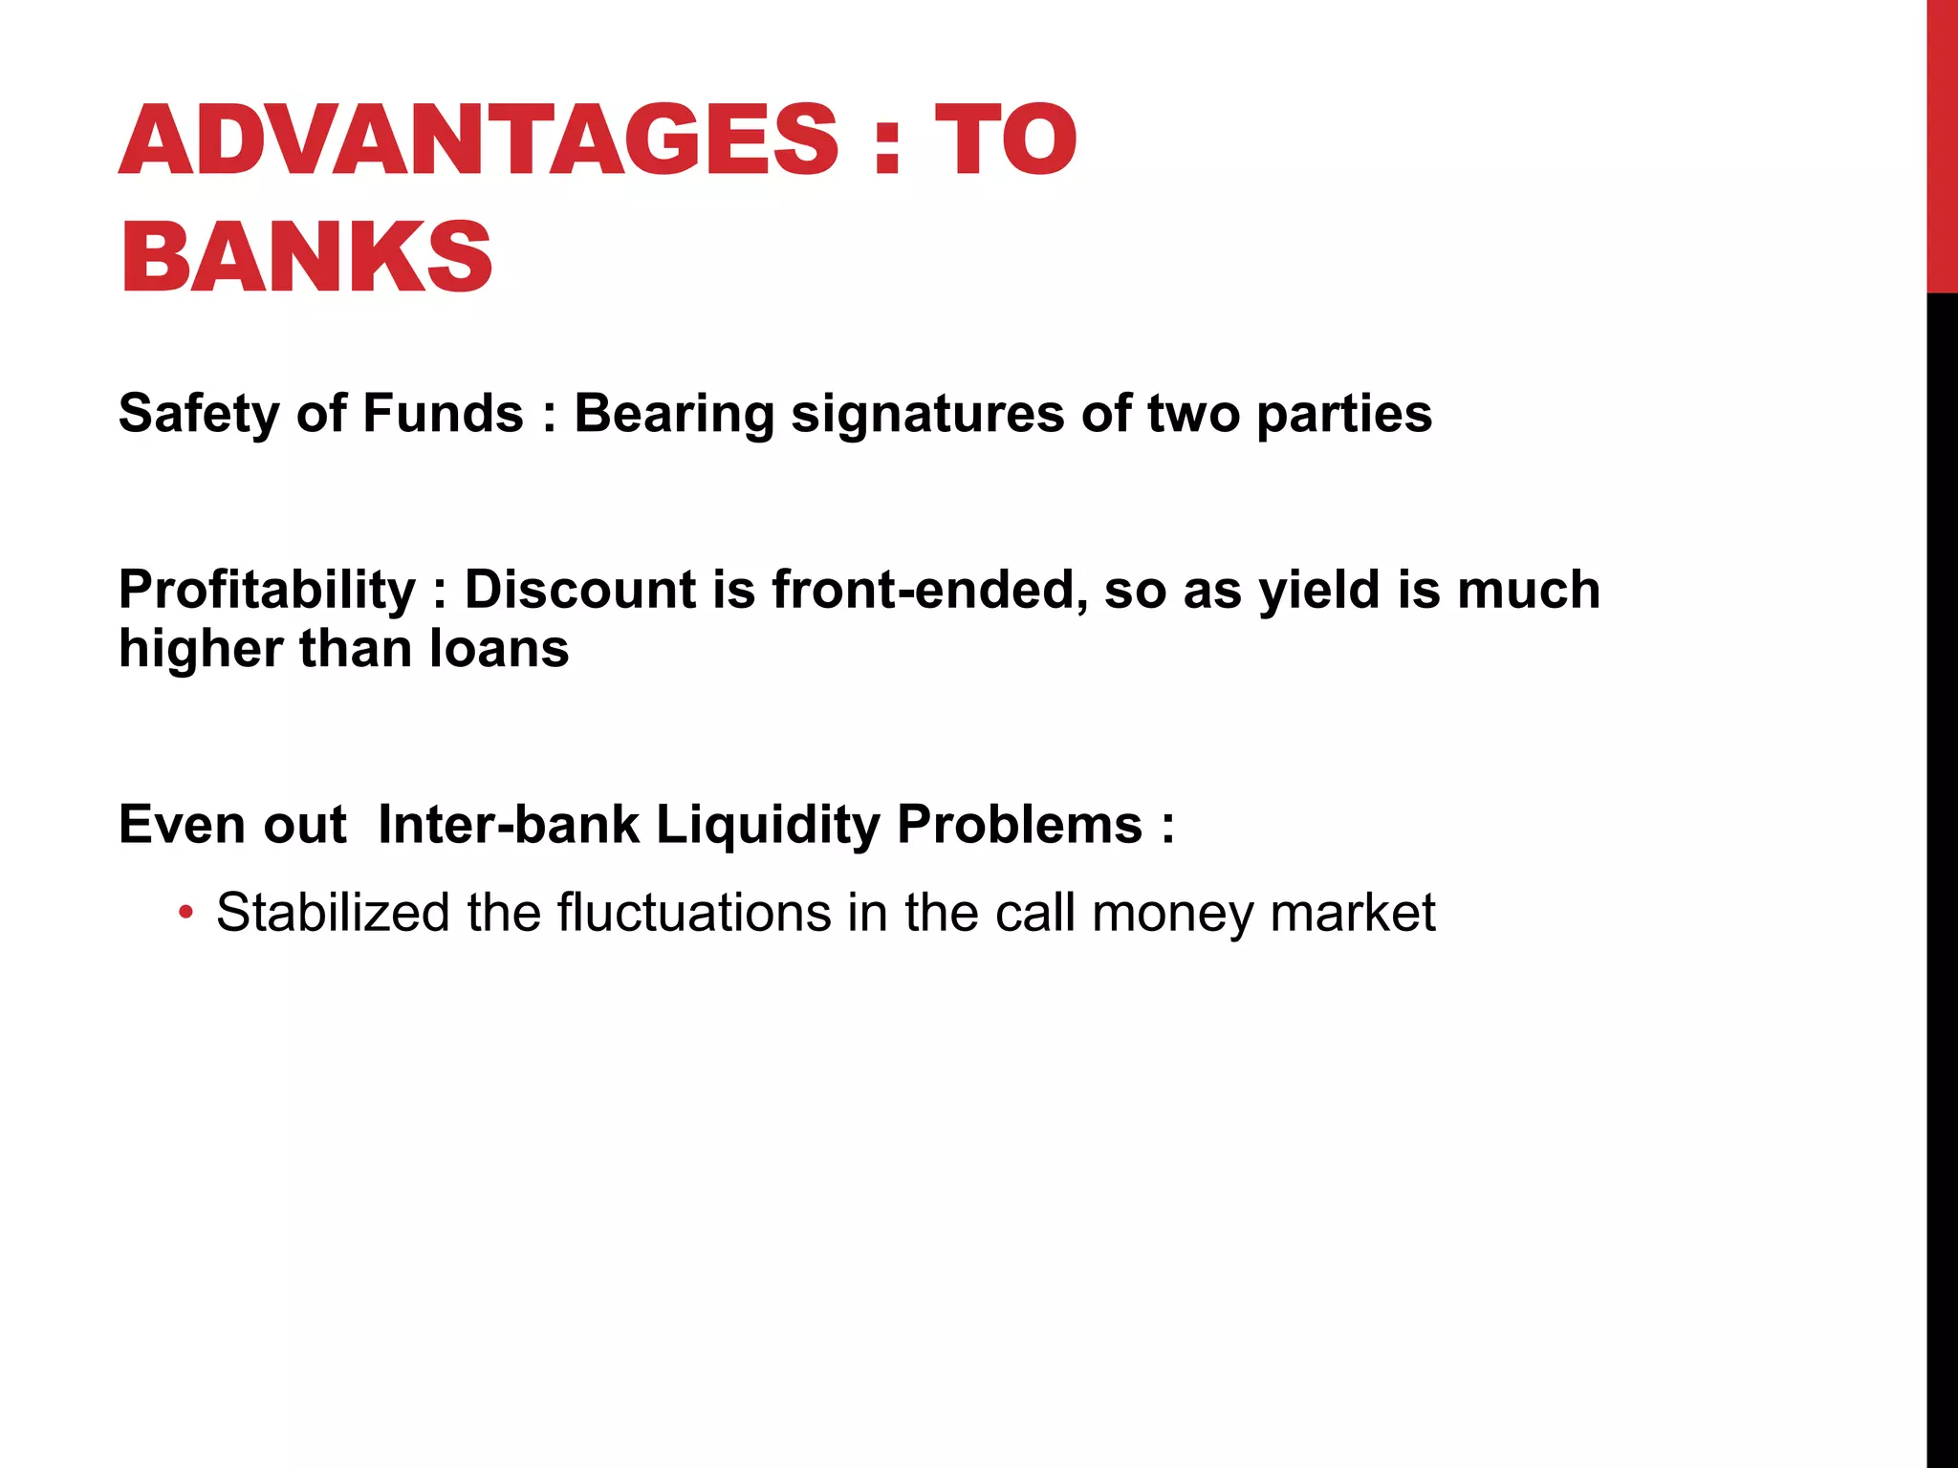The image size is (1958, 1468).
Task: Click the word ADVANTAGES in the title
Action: click(x=478, y=140)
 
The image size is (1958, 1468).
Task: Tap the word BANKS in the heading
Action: click(x=306, y=257)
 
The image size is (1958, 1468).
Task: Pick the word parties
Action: click(x=1344, y=414)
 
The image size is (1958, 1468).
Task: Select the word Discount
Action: click(x=579, y=590)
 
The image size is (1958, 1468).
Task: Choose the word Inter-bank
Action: click(x=508, y=824)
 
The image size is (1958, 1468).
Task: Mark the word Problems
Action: click(x=1019, y=824)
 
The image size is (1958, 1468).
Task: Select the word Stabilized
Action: click(x=333, y=913)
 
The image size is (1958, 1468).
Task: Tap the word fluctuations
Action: click(x=694, y=913)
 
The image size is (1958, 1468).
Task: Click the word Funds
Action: click(x=443, y=414)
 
